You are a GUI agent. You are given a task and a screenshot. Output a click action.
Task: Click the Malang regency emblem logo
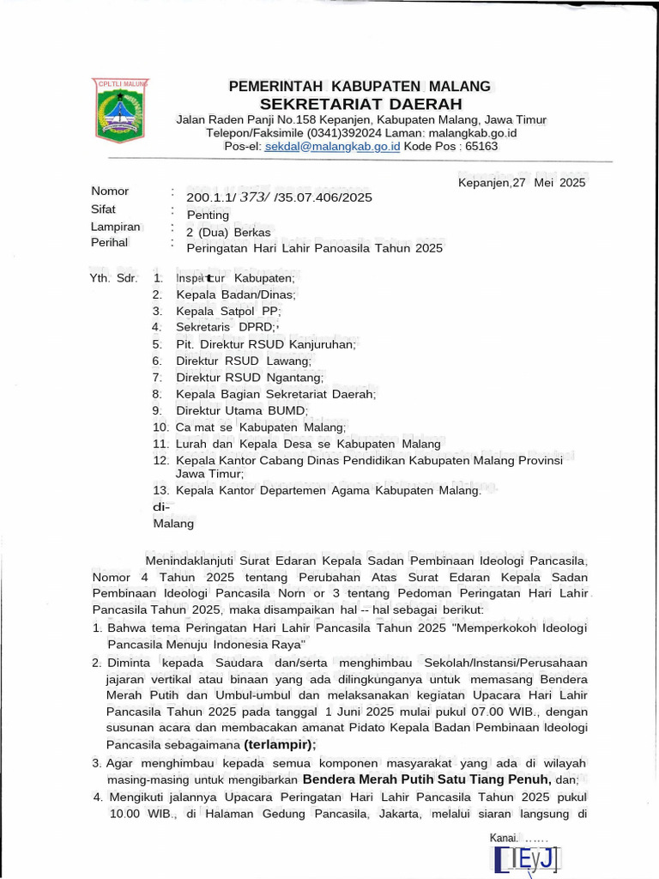tap(120, 110)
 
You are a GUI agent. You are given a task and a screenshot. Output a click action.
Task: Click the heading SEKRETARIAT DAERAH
tap(360, 104)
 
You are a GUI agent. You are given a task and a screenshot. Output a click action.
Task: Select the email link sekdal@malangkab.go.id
tap(332, 147)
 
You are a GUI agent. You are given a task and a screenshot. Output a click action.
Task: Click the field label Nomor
tap(110, 191)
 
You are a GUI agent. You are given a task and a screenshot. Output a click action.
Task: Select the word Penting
tap(208, 215)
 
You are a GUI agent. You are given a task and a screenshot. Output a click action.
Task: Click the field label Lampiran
tap(116, 227)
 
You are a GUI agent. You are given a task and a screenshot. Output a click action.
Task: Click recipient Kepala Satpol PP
tap(228, 311)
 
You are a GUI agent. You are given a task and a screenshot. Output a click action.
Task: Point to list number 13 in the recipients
tap(161, 490)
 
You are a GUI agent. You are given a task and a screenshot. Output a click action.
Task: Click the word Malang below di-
tap(173, 524)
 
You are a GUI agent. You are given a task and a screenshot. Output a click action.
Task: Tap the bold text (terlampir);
tap(280, 744)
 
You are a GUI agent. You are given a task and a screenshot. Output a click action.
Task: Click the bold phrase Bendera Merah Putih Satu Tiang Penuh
tap(426, 779)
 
